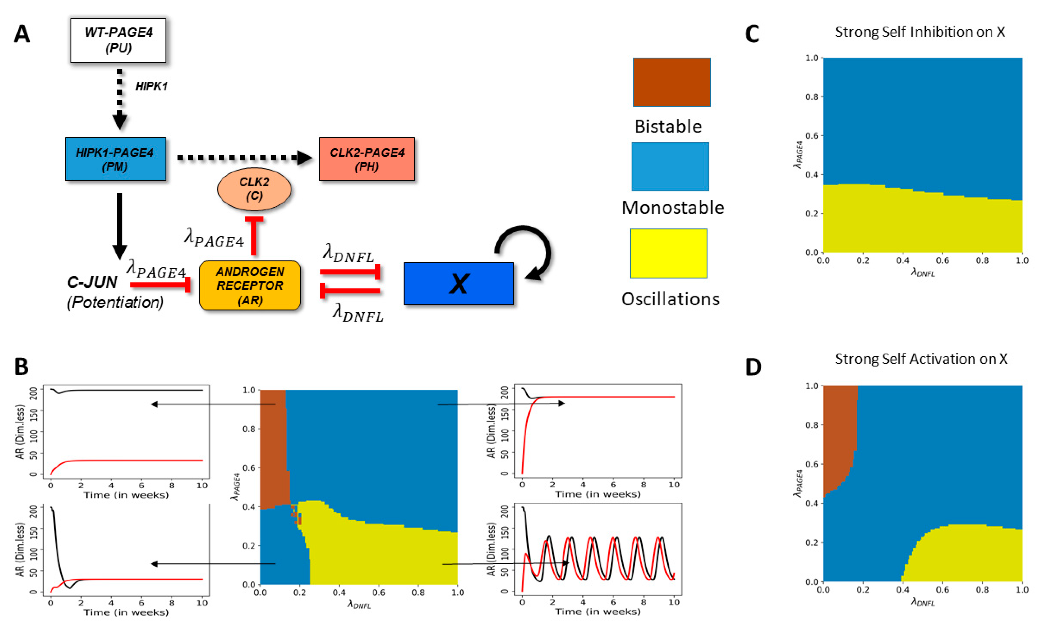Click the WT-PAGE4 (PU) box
coord(118,40)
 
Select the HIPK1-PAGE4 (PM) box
coord(115,159)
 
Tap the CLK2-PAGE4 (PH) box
coord(367,159)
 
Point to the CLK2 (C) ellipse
coord(254,189)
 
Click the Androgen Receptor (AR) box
coord(250,285)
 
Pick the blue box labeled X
coord(459,283)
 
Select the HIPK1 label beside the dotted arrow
coord(151,87)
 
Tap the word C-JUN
coord(92,282)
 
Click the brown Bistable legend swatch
coord(672,82)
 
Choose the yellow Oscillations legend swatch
coord(668,253)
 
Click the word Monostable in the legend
coord(673,208)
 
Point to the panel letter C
coord(752,34)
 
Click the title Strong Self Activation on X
coord(921,359)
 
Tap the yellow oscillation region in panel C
coord(922,225)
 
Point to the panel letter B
coord(22,366)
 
